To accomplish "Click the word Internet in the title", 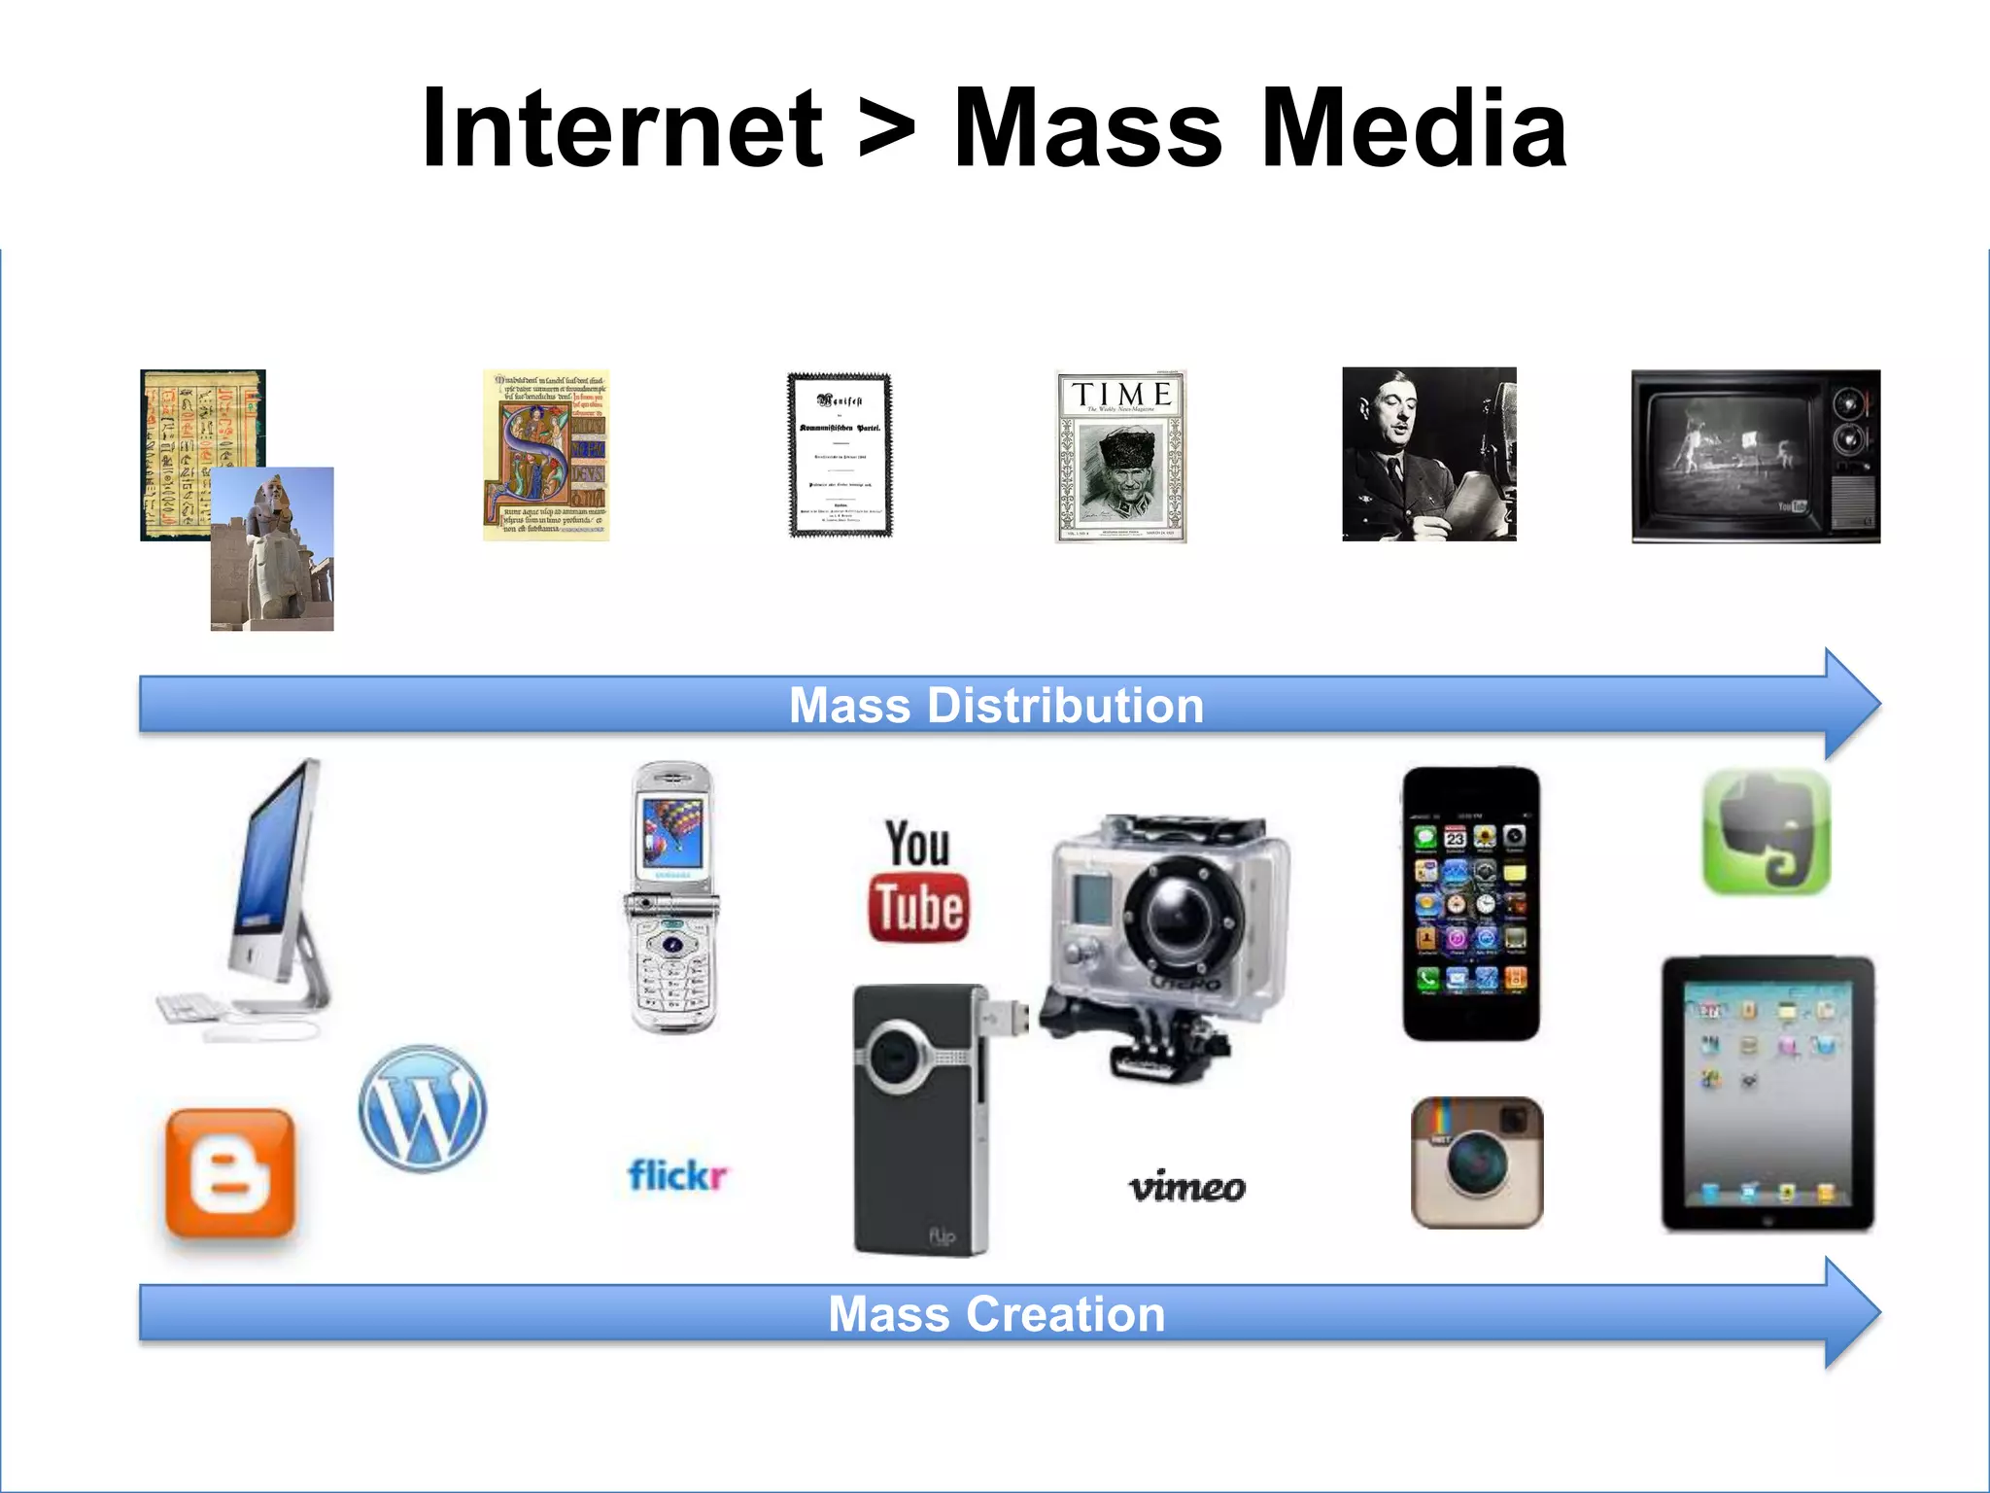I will [x=622, y=129].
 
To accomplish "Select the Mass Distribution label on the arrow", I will [x=996, y=705].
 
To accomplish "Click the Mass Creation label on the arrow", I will [x=996, y=1314].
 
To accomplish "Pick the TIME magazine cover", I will [x=1121, y=456].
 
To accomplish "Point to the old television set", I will [x=1756, y=456].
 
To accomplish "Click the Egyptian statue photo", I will [x=272, y=549].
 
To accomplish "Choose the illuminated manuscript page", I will [x=546, y=455].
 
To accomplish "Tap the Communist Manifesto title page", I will [x=840, y=455].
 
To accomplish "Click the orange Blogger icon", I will [x=230, y=1173].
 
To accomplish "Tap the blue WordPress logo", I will [x=423, y=1108].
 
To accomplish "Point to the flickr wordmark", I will [x=677, y=1175].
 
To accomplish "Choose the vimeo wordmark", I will [x=1186, y=1186].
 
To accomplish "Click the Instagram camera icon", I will [x=1477, y=1163].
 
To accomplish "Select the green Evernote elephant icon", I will [x=1767, y=831].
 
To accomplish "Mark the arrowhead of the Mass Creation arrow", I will [x=1851, y=1313].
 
